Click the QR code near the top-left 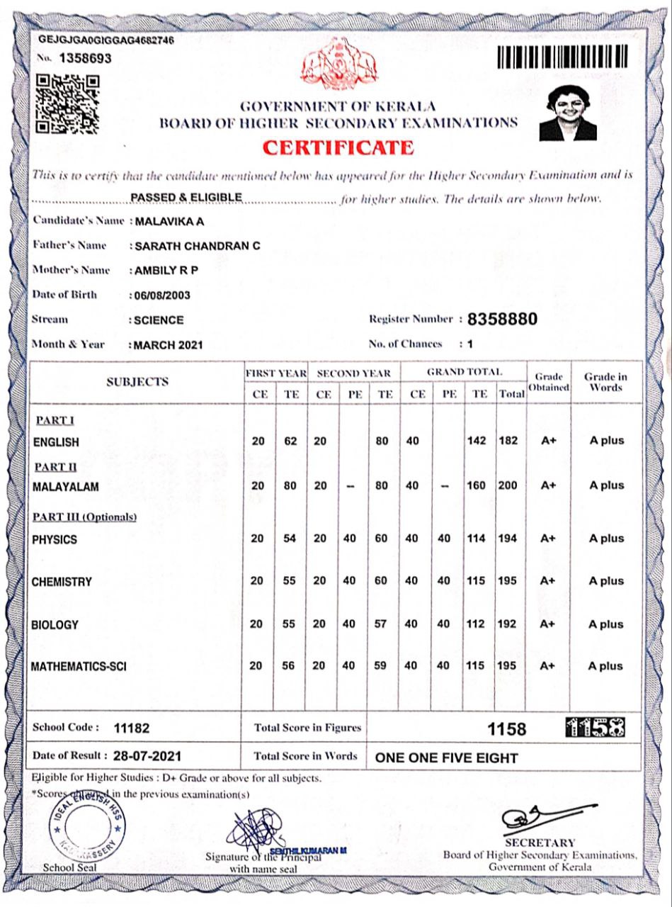coord(67,106)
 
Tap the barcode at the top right coord(563,57)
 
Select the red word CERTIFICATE coord(338,147)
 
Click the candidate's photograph coord(568,112)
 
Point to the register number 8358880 coord(503,320)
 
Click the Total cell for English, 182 coord(507,441)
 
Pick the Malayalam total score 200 coord(507,485)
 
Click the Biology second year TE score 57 coord(382,624)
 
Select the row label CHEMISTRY coord(62,582)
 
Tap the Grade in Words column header coord(605,382)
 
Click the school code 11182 coord(132,728)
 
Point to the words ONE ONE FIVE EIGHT coord(446,757)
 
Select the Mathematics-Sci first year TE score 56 coord(290,666)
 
